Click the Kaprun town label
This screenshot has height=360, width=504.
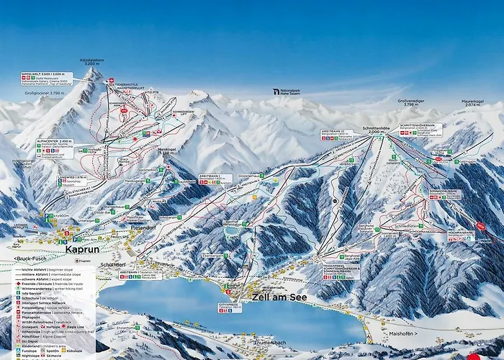point(81,251)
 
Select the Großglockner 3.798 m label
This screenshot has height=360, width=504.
point(49,93)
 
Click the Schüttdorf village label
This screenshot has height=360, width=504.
point(114,264)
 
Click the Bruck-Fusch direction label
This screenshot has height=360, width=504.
point(29,258)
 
